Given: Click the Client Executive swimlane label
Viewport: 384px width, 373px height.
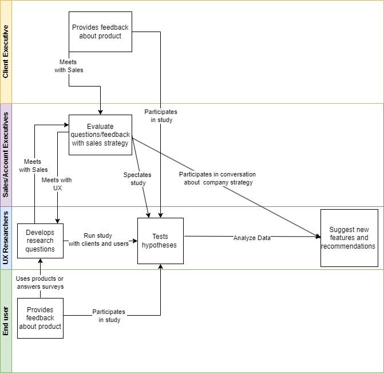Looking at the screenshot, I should pos(6,52).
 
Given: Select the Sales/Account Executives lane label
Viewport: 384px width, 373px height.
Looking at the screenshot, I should pos(6,155).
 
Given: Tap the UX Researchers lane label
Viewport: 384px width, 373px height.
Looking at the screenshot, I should pos(6,238).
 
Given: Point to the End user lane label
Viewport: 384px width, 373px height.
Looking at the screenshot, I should pos(6,321).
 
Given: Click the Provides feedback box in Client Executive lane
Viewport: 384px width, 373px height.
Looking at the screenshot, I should pos(100,32).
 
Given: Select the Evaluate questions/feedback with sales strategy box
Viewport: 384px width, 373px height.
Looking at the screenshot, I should pos(100,135).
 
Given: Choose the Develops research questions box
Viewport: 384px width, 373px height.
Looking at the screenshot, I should pos(40,241).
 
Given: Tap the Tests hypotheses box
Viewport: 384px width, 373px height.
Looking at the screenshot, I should pos(160,241).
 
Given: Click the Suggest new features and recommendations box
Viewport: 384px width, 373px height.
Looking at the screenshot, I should pos(349,238).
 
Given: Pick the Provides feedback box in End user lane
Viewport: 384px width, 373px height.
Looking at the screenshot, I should pos(40,318).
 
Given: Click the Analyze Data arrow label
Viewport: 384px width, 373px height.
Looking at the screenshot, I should pos(252,238).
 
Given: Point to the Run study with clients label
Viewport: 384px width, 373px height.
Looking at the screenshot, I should pos(98,239).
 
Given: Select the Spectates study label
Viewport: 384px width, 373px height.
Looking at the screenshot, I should pos(134,179).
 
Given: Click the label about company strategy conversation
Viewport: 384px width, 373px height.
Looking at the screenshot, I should pos(217,178).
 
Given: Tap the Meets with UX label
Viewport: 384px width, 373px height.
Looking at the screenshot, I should pos(57,184).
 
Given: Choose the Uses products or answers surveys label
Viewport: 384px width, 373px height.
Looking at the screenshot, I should pos(40,282).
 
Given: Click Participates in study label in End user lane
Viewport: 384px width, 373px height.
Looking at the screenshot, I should pos(109,316).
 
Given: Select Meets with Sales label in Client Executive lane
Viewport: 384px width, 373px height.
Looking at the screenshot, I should pos(69,66).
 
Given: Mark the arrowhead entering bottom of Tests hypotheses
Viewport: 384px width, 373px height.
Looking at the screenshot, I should pos(160,267).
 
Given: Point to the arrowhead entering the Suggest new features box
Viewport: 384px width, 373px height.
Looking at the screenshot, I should pos(318,236).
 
